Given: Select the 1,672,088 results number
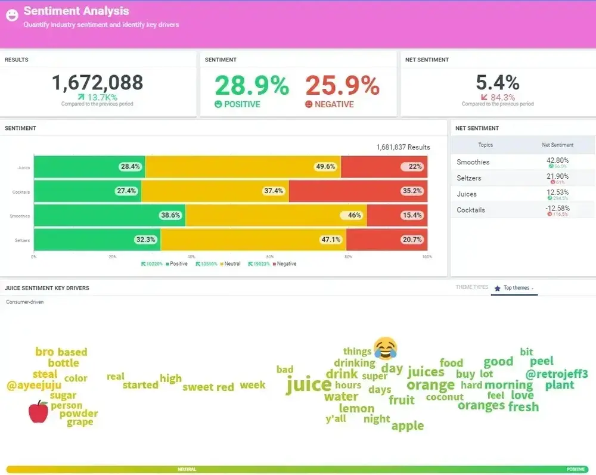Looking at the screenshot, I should point(97,83).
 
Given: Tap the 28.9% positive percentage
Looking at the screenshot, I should point(252,86).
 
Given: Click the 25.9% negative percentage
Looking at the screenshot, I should point(342,86).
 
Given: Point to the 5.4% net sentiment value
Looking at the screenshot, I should point(498,83).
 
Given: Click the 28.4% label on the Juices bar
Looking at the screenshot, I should point(130,167).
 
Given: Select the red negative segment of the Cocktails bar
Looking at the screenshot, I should point(358,191).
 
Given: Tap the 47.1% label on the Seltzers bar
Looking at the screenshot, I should point(330,240).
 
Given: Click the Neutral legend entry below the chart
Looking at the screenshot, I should point(232,263).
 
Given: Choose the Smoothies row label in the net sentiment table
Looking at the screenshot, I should point(473,162).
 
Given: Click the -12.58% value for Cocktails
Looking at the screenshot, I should point(557,208).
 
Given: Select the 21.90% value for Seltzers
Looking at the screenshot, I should point(557,176).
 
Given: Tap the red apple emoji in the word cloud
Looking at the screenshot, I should point(38,411).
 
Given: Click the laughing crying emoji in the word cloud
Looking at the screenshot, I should point(385,348).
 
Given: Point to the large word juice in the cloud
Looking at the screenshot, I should point(308,384).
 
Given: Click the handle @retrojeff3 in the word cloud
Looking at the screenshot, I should point(557,374).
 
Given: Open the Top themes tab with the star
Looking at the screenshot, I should point(514,288).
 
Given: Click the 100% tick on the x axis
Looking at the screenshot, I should point(427,257).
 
